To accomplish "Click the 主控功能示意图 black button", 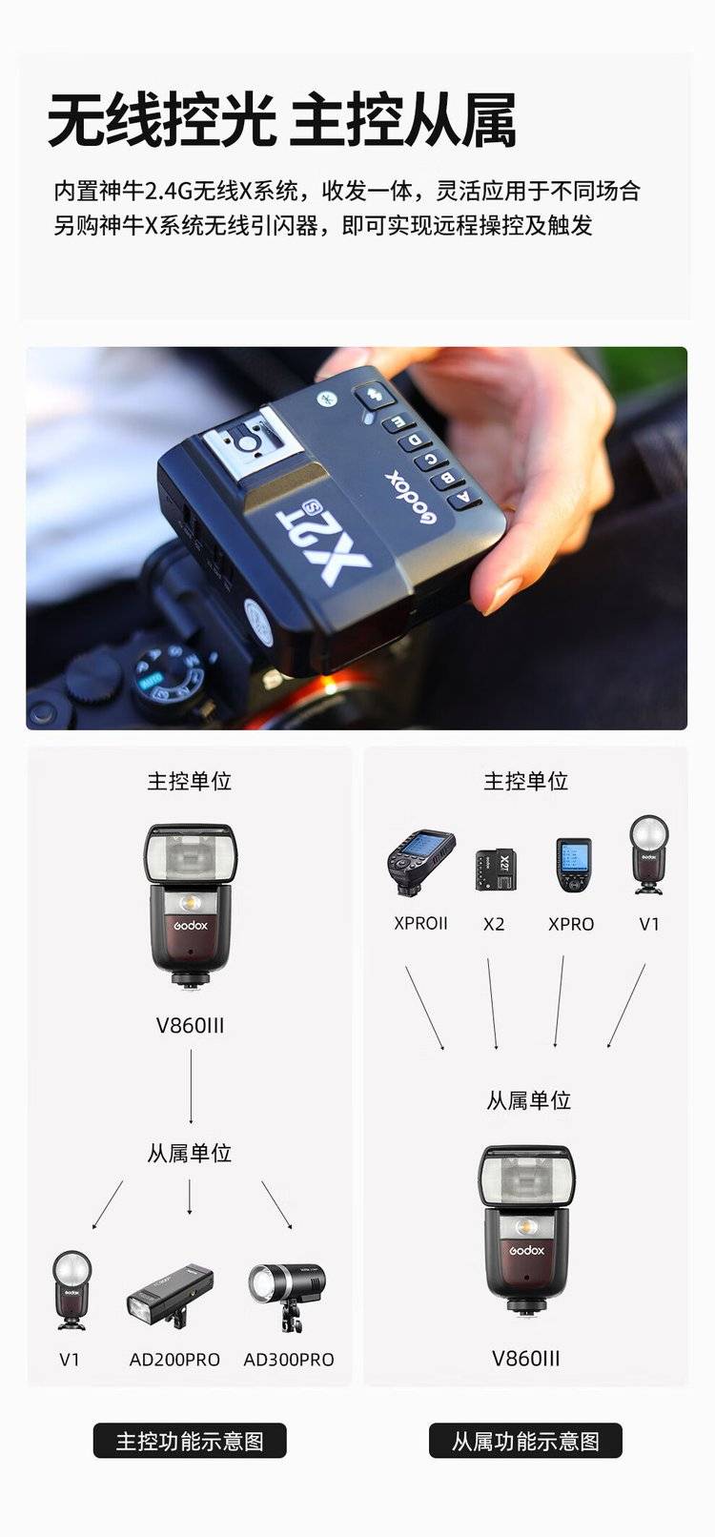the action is click(x=190, y=1441).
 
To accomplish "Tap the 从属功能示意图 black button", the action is click(x=525, y=1441).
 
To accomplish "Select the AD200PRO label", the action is click(x=174, y=1360).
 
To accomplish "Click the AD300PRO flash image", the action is click(x=287, y=1296).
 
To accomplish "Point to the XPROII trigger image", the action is click(x=420, y=863).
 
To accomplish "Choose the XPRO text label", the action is click(x=571, y=924).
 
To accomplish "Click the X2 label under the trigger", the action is click(x=494, y=924).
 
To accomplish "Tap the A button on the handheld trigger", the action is click(x=466, y=498).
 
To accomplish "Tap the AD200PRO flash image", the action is click(x=170, y=1294).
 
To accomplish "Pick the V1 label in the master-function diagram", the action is click(x=70, y=1360).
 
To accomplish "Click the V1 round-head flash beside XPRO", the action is click(x=648, y=855).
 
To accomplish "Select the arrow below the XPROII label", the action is click(x=425, y=1008).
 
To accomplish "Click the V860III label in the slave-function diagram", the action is click(x=525, y=1359).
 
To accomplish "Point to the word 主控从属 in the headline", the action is click(x=403, y=121).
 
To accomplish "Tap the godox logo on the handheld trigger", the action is click(x=410, y=497).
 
